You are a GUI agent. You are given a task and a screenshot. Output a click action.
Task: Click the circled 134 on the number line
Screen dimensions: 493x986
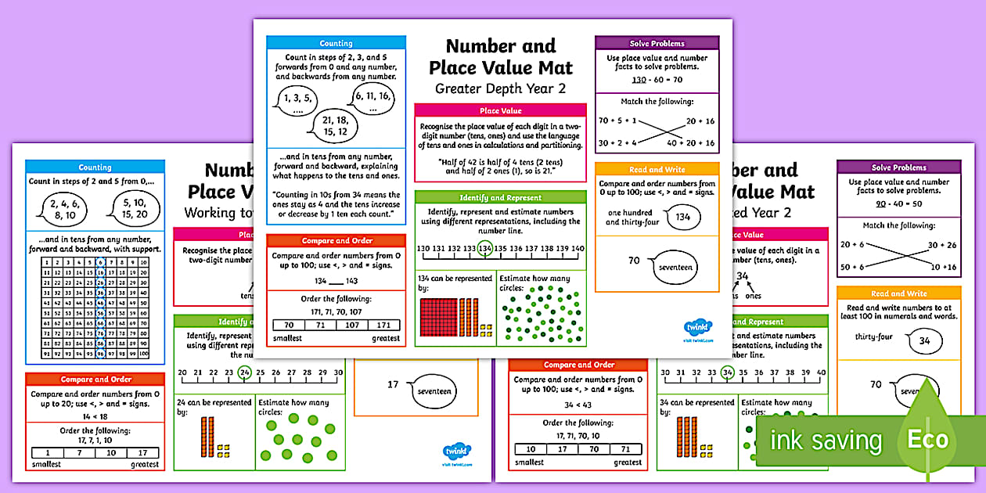485,249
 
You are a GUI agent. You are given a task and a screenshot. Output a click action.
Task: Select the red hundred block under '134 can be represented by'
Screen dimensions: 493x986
439,316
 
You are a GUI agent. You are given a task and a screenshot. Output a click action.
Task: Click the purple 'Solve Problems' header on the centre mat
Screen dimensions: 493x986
657,43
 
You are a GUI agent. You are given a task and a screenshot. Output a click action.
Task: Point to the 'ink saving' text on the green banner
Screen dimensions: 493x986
826,441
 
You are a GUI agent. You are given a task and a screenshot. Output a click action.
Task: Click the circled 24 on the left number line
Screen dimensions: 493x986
245,372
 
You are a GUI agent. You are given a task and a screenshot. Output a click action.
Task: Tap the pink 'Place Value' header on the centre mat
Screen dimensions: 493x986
499,111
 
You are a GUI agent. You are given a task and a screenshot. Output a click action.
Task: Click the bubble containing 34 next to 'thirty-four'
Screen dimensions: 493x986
924,341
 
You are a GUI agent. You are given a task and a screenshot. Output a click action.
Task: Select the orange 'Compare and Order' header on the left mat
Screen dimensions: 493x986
95,380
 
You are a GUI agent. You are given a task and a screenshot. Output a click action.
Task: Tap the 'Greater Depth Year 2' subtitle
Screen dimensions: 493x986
500,88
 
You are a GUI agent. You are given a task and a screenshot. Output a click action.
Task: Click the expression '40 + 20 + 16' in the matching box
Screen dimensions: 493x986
690,143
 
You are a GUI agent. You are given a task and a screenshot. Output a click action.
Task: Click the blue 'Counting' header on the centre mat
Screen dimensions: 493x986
336,44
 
